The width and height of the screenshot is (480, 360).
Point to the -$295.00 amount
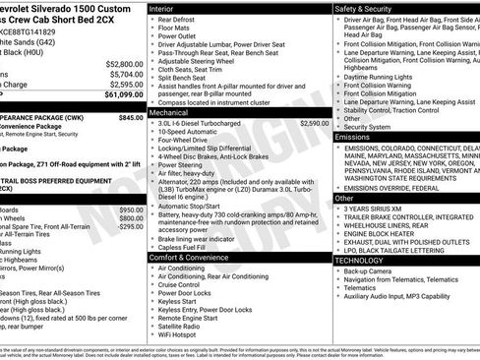point(131,226)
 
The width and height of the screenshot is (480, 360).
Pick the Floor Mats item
point(174,30)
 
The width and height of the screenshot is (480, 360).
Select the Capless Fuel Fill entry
point(187,246)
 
